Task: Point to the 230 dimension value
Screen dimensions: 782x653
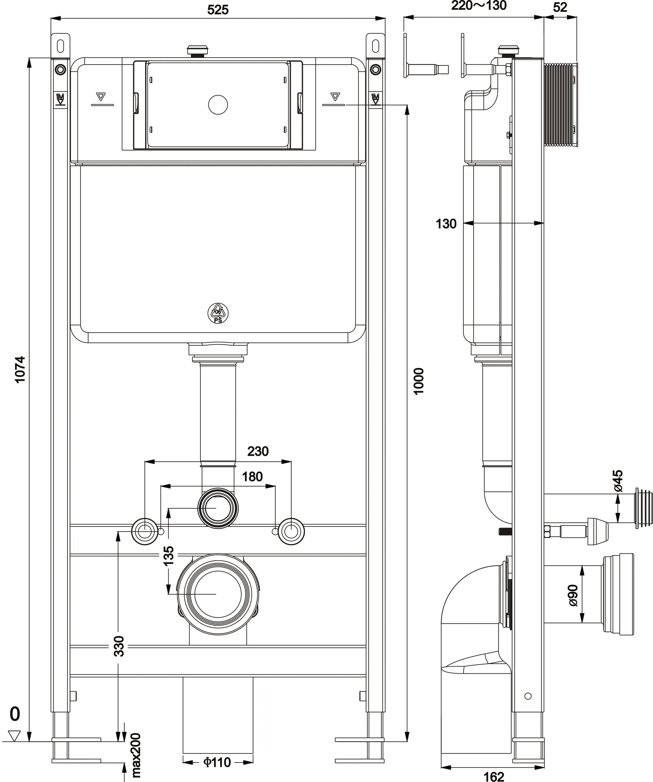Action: tap(258, 451)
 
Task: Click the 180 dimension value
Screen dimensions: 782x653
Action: tap(252, 477)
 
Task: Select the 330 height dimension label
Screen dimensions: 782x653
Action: tap(118, 646)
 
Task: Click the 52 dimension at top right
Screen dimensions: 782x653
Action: tap(560, 8)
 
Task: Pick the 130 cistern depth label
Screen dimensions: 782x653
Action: tap(446, 224)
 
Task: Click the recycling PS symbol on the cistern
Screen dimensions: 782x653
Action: tap(218, 313)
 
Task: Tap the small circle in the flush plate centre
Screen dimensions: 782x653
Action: tap(218, 105)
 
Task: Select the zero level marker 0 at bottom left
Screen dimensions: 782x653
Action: tap(14, 714)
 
